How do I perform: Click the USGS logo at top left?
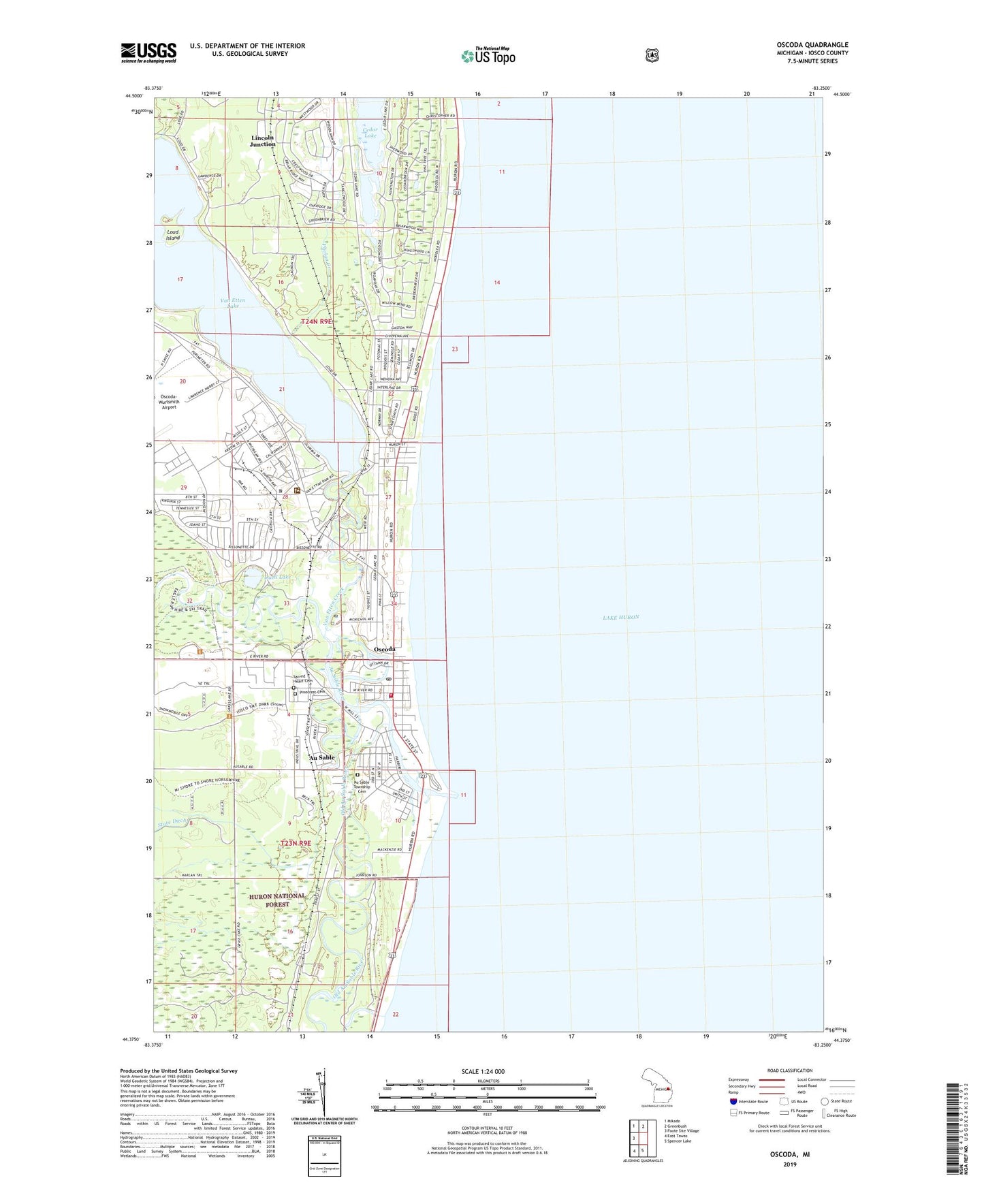coord(148,52)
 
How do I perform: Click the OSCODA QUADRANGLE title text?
coord(812,45)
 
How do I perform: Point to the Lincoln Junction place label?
coord(263,141)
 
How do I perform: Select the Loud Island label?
coord(173,235)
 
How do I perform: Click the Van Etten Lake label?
coord(232,303)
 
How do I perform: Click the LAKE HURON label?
coord(620,617)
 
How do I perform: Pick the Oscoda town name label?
coord(385,649)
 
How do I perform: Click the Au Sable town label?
coord(322,757)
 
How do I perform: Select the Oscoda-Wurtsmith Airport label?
coord(168,402)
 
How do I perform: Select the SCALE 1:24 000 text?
coord(483,1071)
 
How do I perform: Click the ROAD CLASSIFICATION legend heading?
coord(789,1071)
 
